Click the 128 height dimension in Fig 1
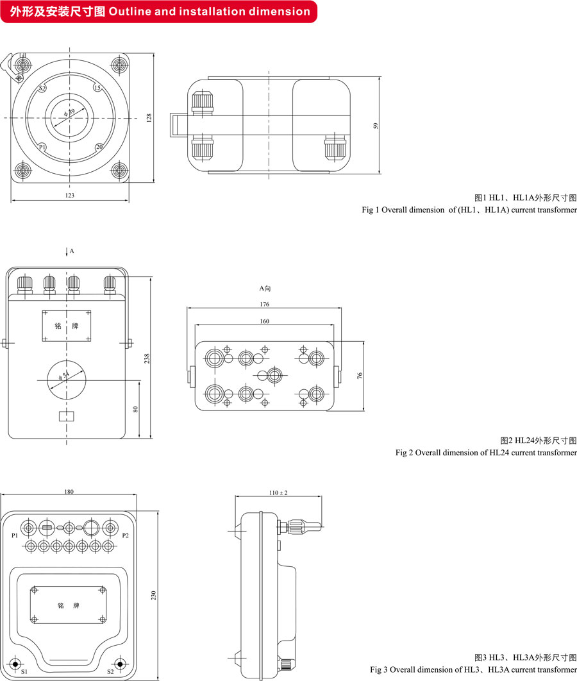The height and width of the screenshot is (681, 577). point(149,118)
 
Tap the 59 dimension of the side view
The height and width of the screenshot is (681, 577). point(376,126)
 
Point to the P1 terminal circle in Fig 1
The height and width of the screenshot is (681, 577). point(42,147)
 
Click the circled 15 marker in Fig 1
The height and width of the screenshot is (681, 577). point(97,88)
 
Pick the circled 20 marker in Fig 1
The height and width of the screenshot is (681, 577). point(99,147)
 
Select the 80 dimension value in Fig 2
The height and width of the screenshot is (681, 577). point(136,408)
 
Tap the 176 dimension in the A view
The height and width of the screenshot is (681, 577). point(264,304)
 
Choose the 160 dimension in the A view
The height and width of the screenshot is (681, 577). point(264,321)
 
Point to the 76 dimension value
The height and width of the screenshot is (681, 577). point(360,376)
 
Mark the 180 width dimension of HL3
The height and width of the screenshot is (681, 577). point(69,492)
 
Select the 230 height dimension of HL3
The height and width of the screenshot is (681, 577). point(153,595)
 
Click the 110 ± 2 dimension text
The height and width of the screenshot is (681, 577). point(278,492)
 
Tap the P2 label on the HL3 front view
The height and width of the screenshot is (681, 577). point(126,535)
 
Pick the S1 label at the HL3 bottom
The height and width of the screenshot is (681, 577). point(24,671)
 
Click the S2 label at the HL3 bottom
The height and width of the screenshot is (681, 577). point(110,671)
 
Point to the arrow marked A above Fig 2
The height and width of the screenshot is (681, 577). point(67,253)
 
